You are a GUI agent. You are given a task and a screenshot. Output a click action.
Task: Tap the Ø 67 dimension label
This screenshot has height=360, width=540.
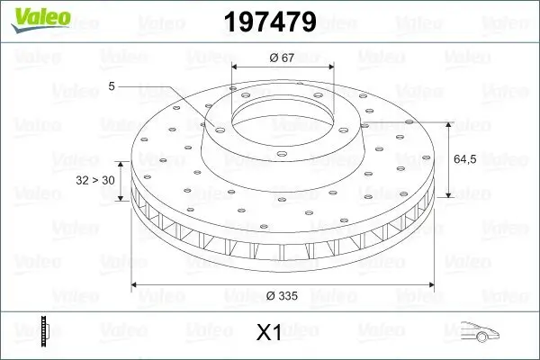[283, 58]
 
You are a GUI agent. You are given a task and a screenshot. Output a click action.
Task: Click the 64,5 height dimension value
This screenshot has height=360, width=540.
[464, 159]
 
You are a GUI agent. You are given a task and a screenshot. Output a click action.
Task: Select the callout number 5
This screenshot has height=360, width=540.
[111, 86]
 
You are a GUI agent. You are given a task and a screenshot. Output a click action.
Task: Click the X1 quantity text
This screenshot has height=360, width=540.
[269, 333]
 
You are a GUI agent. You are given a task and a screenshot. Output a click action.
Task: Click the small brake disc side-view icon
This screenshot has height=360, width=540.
[42, 331]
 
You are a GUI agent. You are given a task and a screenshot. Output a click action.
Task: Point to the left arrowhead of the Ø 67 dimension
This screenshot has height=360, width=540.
[236, 67]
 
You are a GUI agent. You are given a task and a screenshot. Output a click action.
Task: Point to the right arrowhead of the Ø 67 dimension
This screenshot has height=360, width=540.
[330, 67]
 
